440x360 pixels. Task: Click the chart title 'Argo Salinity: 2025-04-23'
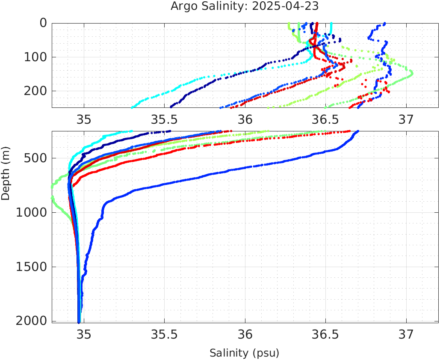(245, 6)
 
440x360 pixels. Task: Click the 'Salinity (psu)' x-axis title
(244, 353)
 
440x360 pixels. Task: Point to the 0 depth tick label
(43, 23)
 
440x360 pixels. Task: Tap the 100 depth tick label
(34, 57)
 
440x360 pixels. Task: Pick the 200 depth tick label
(34, 91)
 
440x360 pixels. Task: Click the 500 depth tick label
(34, 158)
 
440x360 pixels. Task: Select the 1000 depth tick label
(30, 213)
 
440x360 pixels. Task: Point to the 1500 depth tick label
(30, 267)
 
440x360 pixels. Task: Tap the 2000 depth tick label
(30, 321)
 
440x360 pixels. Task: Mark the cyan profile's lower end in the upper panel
(132, 106)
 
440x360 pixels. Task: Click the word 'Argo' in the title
(183, 7)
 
